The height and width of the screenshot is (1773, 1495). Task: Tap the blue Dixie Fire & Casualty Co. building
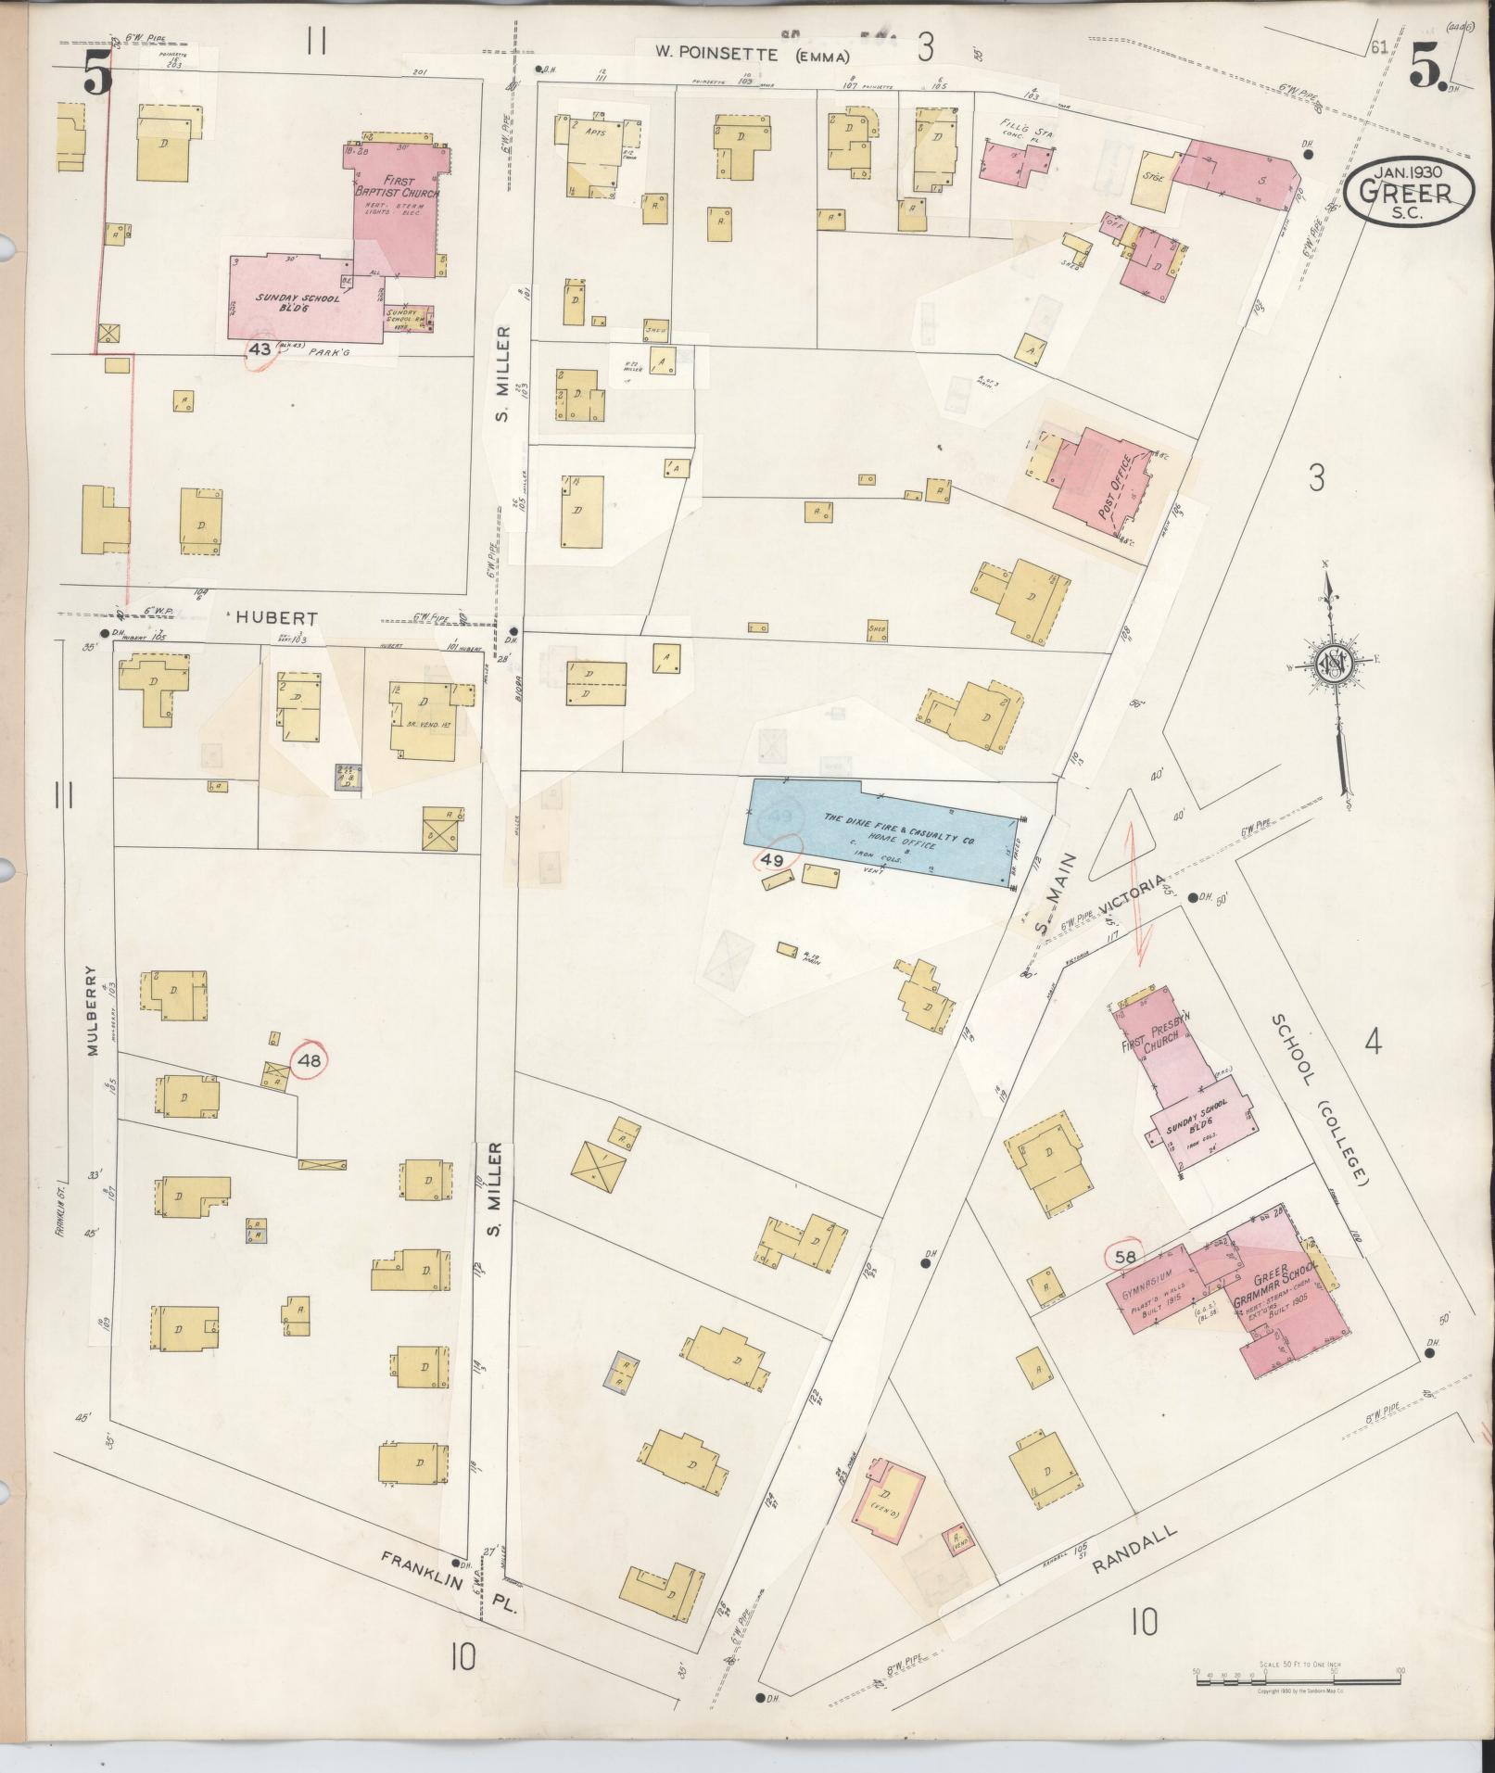point(881,830)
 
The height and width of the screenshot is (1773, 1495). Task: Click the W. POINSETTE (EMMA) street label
point(753,55)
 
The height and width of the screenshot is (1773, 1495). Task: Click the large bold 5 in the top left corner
point(96,70)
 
